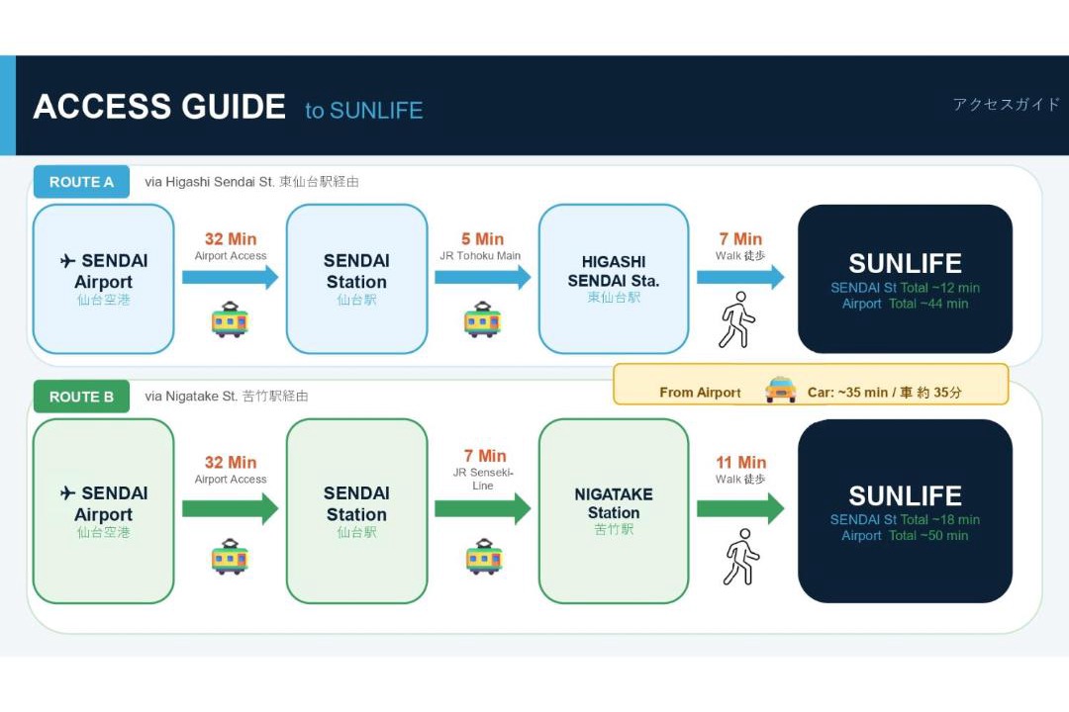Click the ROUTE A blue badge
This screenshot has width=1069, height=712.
(x=81, y=182)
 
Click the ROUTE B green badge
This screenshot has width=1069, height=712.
(x=81, y=397)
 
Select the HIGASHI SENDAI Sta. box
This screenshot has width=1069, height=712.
(x=614, y=279)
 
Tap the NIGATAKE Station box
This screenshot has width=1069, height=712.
(x=614, y=511)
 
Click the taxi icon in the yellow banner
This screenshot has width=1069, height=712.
(x=781, y=390)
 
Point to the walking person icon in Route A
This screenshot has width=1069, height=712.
(x=737, y=320)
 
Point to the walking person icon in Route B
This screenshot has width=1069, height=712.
(x=740, y=557)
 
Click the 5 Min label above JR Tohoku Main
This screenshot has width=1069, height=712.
(x=482, y=239)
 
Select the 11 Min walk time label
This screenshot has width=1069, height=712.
(x=741, y=463)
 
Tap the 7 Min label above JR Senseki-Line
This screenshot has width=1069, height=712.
(x=485, y=456)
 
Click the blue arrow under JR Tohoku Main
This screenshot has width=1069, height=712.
(x=483, y=277)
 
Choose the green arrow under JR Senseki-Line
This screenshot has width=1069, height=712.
(x=483, y=509)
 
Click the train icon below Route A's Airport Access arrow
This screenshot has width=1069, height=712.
(x=230, y=319)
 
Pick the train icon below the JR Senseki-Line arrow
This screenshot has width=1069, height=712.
(x=484, y=557)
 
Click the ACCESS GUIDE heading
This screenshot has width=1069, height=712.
(x=159, y=107)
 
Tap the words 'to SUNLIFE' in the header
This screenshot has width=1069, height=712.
(x=364, y=111)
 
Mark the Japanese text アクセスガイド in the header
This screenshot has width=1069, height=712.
(x=1007, y=104)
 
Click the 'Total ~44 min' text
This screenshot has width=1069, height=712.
(x=928, y=304)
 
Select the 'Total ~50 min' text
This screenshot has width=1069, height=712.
(x=928, y=536)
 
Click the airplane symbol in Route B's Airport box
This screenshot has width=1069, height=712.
(x=67, y=492)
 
